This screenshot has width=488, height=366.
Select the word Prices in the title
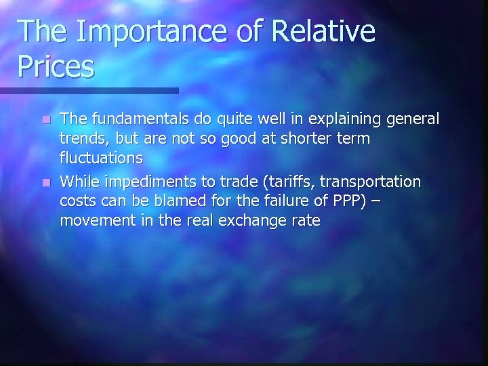pyautogui.click(x=56, y=66)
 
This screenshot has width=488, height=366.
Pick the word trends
pyautogui.click(x=81, y=139)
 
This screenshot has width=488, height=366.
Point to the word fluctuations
pyautogui.click(x=101, y=158)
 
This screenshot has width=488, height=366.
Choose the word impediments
pyautogui.click(x=150, y=182)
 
